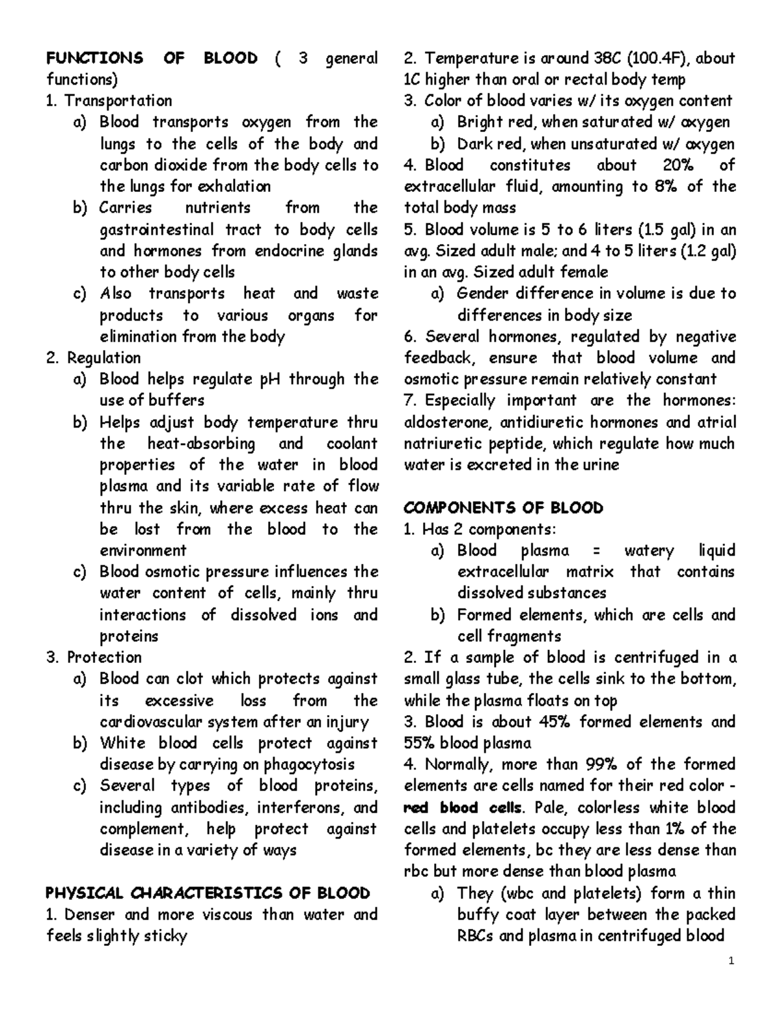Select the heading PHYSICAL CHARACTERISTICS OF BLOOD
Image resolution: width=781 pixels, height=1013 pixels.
coord(208,893)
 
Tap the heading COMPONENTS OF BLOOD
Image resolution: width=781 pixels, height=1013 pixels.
coord(503,507)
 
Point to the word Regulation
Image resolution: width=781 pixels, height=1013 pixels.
coord(103,358)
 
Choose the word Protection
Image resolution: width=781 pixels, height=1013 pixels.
coord(104,657)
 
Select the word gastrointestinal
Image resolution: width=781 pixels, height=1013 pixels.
coord(156,230)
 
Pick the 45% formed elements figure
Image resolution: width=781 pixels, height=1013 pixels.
coord(555,722)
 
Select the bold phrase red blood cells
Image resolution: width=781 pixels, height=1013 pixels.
coord(463,807)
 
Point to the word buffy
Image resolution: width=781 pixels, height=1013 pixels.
coord(480,914)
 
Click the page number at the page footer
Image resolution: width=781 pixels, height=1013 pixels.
coord(732,961)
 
